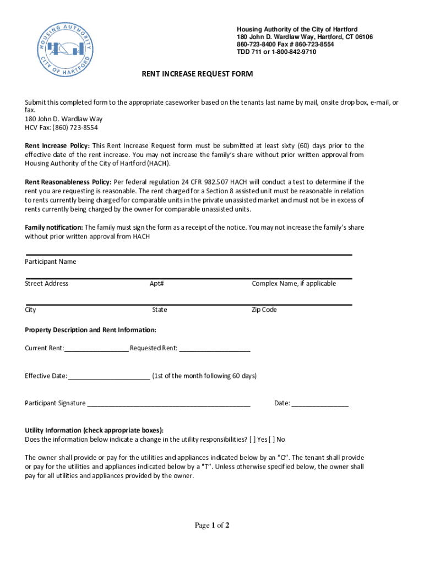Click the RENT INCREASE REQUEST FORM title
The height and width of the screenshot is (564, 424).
pos(197,74)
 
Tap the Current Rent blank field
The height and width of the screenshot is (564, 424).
pos(96,348)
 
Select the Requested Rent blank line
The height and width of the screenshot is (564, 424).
pos(215,348)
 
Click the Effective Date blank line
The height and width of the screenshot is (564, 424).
pos(108,376)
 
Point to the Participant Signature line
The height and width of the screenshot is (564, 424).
pos(168,404)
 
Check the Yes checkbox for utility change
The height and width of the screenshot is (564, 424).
pos(252,440)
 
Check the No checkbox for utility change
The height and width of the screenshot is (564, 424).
pos(271,440)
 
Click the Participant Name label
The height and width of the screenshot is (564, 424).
pos(51,262)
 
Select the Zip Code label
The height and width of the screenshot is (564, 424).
pos(264,310)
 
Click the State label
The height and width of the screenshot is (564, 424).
pos(160,310)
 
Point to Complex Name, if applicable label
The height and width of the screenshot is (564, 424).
pos(293,284)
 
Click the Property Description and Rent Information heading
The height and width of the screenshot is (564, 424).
pos(91,330)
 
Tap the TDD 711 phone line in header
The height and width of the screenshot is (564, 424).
pos(276,52)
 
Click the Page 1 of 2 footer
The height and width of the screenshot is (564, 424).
pos(212,525)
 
